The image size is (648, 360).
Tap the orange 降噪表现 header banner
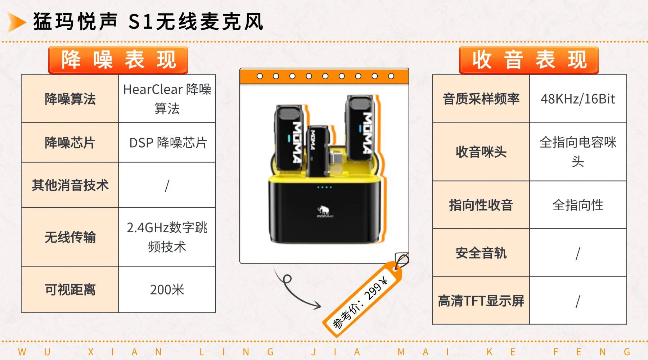118,60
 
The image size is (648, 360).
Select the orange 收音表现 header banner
528,60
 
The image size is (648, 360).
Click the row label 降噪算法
70,99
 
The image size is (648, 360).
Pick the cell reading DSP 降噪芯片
167,143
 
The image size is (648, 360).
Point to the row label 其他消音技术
70,185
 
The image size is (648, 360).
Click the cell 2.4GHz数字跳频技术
167,237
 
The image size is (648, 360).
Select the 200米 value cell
167,289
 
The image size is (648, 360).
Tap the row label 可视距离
70,289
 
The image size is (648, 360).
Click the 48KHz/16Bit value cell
578,99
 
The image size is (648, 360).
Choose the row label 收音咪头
481,152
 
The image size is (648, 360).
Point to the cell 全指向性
578,205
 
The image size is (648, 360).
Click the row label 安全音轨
481,253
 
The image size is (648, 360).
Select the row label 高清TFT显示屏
481,301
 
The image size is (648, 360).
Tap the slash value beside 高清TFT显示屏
578,301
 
